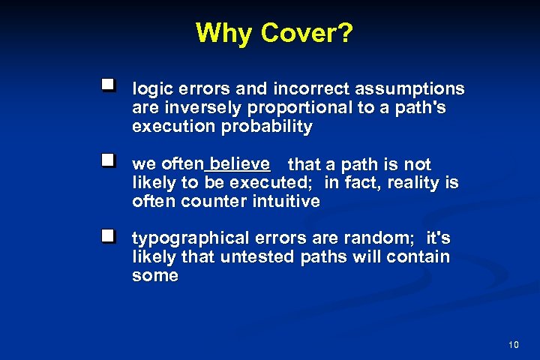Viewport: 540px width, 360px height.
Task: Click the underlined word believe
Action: point(240,163)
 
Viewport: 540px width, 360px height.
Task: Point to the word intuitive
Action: point(289,201)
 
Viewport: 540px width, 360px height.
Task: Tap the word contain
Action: point(422,257)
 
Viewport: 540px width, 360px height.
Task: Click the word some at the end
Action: point(155,275)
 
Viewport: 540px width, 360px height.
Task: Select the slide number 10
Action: point(513,345)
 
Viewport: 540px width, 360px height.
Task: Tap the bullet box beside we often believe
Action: point(109,160)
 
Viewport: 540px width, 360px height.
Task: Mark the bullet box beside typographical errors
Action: point(109,236)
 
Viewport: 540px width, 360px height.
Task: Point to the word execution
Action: point(173,126)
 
